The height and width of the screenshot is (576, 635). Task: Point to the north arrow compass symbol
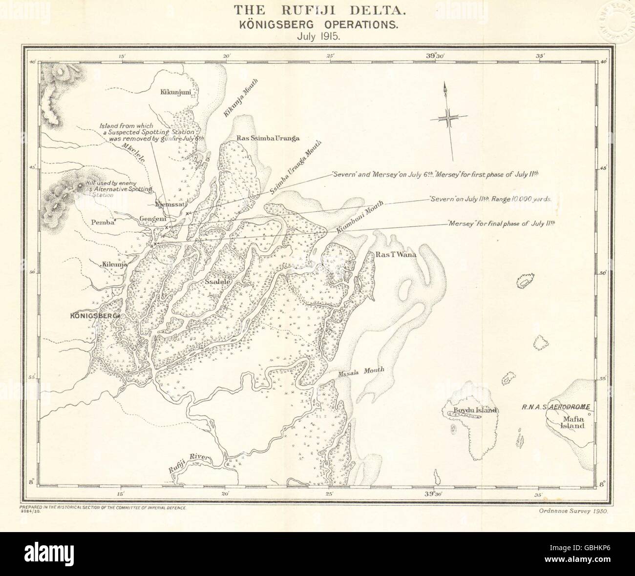click(449, 119)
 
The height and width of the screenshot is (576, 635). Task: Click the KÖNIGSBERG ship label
click(94, 316)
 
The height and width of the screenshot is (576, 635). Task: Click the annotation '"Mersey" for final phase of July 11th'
click(502, 223)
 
